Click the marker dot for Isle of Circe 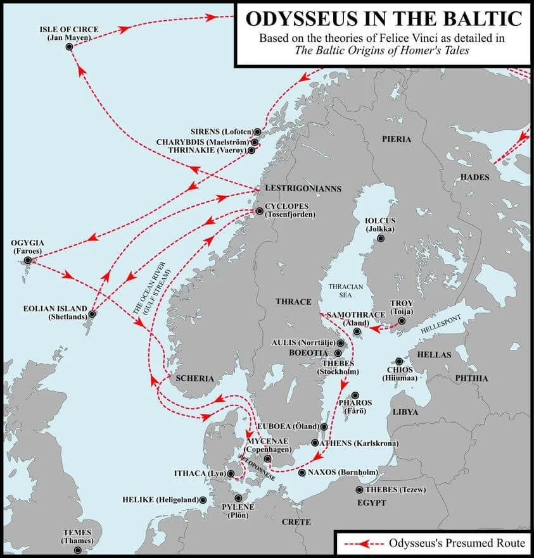tap(69, 47)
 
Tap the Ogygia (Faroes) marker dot tap(28, 261)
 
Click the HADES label tap(474, 177)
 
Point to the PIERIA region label tap(396, 139)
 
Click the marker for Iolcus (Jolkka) tap(380, 239)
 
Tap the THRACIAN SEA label tap(345, 291)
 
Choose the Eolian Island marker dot tap(92, 314)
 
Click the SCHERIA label tap(195, 378)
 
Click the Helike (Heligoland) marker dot tap(203, 500)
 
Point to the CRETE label tap(296, 522)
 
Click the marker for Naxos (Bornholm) tap(302, 473)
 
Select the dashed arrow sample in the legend tap(360, 543)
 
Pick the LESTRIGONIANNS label tap(303, 189)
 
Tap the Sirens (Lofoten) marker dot tap(258, 132)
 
